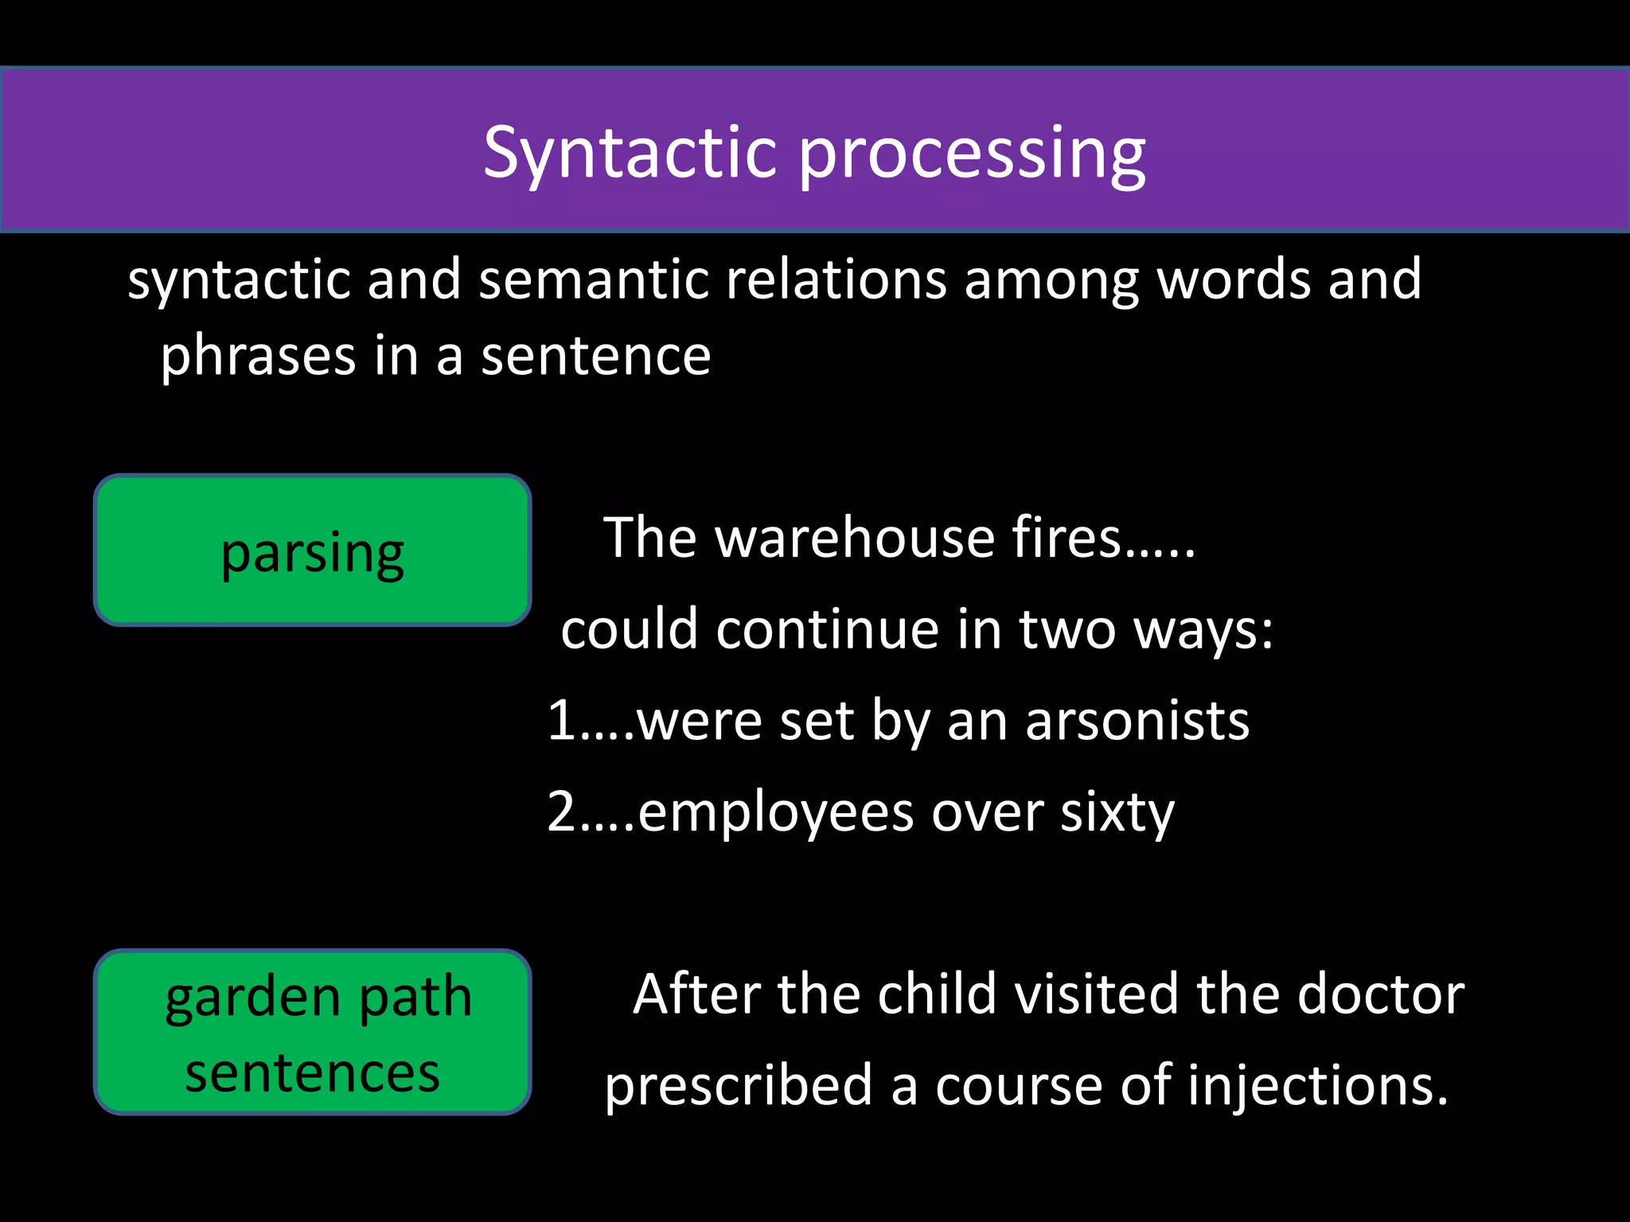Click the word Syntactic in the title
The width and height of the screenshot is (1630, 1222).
coord(630,153)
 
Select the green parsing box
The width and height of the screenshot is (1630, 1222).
coord(313,551)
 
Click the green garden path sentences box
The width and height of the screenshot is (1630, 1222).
coord(313,1033)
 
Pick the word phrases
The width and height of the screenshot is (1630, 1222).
coord(258,356)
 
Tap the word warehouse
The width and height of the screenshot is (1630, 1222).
coord(855,538)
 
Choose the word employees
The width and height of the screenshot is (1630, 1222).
coord(775,813)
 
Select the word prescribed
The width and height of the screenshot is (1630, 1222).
coord(739,1087)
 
